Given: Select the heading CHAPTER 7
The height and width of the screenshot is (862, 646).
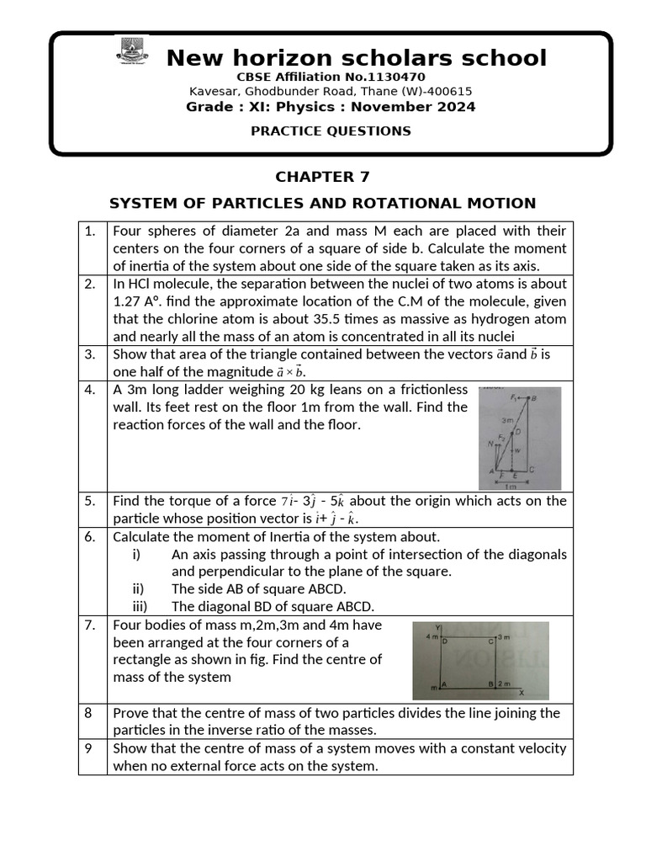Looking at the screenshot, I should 322,177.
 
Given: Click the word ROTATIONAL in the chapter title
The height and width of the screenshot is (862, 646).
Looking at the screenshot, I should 395,203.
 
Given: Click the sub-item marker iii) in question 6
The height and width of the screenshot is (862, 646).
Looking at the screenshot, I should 141,607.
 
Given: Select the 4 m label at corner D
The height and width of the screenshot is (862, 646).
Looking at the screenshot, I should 432,637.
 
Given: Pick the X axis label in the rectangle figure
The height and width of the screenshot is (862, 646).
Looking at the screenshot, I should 522,692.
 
